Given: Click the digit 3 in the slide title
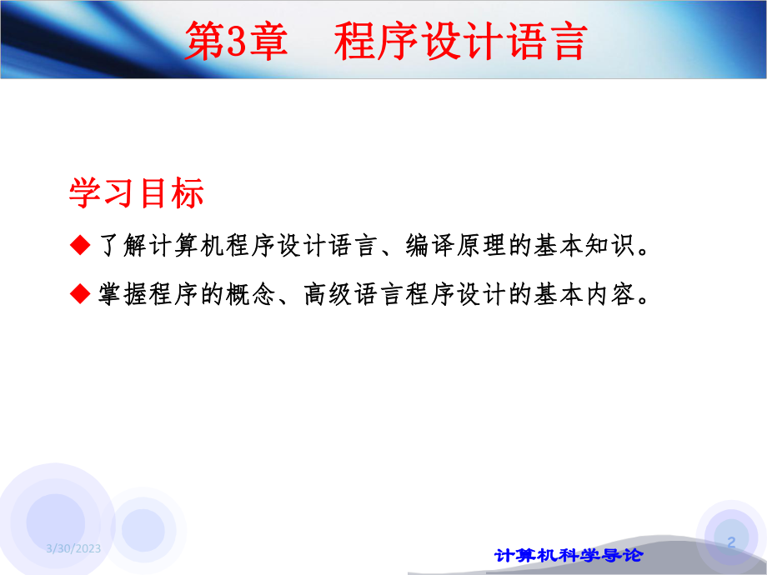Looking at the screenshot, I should point(237,42).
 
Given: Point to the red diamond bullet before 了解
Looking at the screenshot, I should point(79,246).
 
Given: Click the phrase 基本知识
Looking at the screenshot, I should point(584,247).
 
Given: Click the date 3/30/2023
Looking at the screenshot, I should point(74,547).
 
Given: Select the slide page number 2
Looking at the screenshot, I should point(732,542).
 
